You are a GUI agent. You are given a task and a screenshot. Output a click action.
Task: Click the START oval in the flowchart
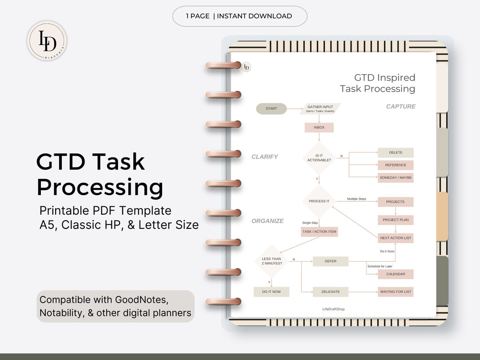(271, 108)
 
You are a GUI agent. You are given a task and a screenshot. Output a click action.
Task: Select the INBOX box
(319, 128)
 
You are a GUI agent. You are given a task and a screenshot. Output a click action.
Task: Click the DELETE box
(396, 152)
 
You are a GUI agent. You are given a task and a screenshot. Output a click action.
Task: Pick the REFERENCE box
(396, 165)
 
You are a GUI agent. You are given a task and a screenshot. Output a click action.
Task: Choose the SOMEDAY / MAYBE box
(396, 177)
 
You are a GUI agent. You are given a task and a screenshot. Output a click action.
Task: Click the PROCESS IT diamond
(319, 201)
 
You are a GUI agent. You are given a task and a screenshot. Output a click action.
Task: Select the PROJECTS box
(396, 202)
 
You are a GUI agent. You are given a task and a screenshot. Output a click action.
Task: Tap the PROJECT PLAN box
(396, 220)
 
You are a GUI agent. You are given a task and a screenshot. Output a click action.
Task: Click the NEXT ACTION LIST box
(396, 238)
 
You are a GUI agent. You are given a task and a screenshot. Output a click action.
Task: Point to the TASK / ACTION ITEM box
(319, 231)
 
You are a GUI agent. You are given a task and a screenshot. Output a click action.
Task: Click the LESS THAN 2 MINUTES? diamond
(272, 261)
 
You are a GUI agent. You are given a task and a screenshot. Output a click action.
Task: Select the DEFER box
(330, 261)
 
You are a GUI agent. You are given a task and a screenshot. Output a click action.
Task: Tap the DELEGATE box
(330, 292)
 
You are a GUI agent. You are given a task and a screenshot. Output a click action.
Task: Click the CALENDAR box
(396, 274)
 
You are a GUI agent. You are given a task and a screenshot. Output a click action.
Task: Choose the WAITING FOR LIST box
(396, 292)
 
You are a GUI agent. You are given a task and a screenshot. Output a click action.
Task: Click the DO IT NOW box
(272, 292)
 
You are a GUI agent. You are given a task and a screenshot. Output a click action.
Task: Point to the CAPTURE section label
(400, 106)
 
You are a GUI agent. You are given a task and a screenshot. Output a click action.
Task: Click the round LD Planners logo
(47, 41)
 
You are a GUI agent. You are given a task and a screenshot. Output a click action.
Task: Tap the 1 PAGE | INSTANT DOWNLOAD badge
(240, 16)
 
